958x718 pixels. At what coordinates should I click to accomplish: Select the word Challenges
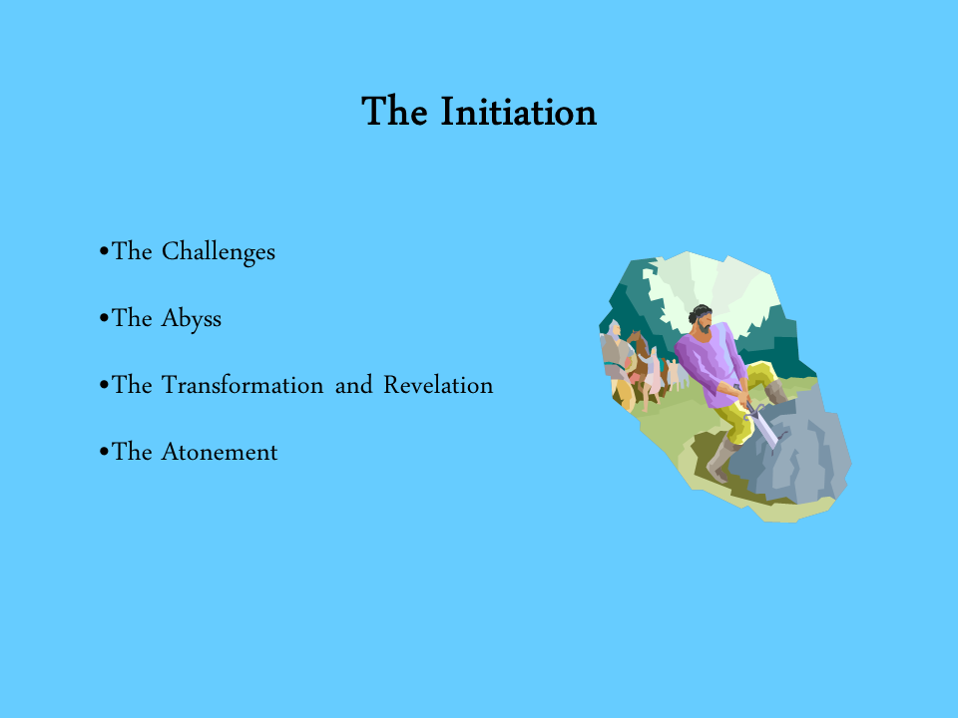pyautogui.click(x=219, y=252)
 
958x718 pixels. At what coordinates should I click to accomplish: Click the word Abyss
pyautogui.click(x=192, y=319)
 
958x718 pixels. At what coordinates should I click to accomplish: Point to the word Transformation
pyautogui.click(x=242, y=385)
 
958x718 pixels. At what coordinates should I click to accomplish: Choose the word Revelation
pyautogui.click(x=438, y=385)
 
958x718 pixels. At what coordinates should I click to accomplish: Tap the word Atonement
pyautogui.click(x=220, y=452)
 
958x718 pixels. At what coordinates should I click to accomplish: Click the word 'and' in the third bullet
pyautogui.click(x=353, y=385)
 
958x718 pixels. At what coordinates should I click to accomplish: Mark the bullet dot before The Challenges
pyautogui.click(x=104, y=251)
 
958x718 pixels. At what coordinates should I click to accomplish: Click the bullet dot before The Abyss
pyautogui.click(x=104, y=317)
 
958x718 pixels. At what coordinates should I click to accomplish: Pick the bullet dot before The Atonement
pyautogui.click(x=104, y=451)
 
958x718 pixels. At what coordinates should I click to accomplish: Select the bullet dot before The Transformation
pyautogui.click(x=104, y=385)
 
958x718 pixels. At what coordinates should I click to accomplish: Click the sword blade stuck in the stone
pyautogui.click(x=763, y=428)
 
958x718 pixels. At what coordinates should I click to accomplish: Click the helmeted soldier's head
pyautogui.click(x=614, y=329)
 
